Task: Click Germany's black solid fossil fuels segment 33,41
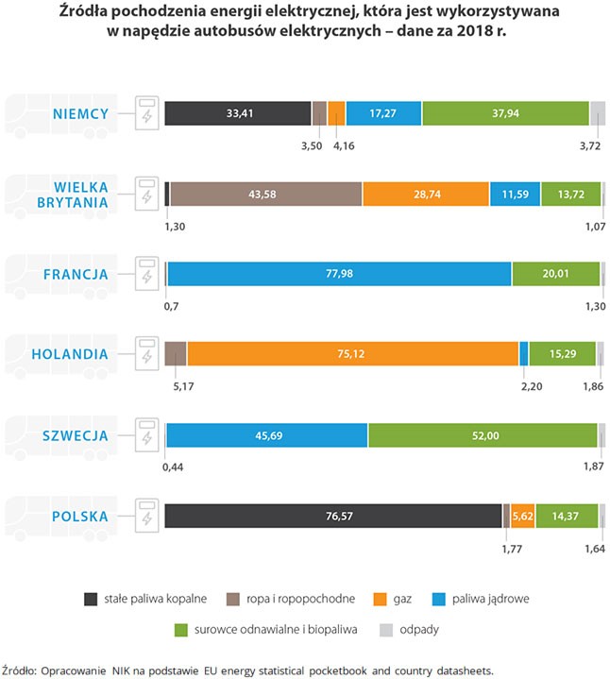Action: click(x=238, y=113)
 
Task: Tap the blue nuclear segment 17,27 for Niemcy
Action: click(x=383, y=113)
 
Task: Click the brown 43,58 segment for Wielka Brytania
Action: click(x=265, y=194)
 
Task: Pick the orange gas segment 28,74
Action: click(x=425, y=194)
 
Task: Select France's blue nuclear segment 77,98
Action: click(x=339, y=274)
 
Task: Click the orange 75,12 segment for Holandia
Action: click(x=352, y=354)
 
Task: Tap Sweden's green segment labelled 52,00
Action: click(x=483, y=435)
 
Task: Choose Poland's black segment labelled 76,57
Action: click(x=333, y=516)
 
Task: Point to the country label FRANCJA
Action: click(x=79, y=275)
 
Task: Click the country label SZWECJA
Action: click(x=79, y=436)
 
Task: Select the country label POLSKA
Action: click(x=80, y=517)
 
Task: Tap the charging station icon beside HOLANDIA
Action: click(x=146, y=354)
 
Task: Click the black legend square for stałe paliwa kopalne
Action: click(x=91, y=599)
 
